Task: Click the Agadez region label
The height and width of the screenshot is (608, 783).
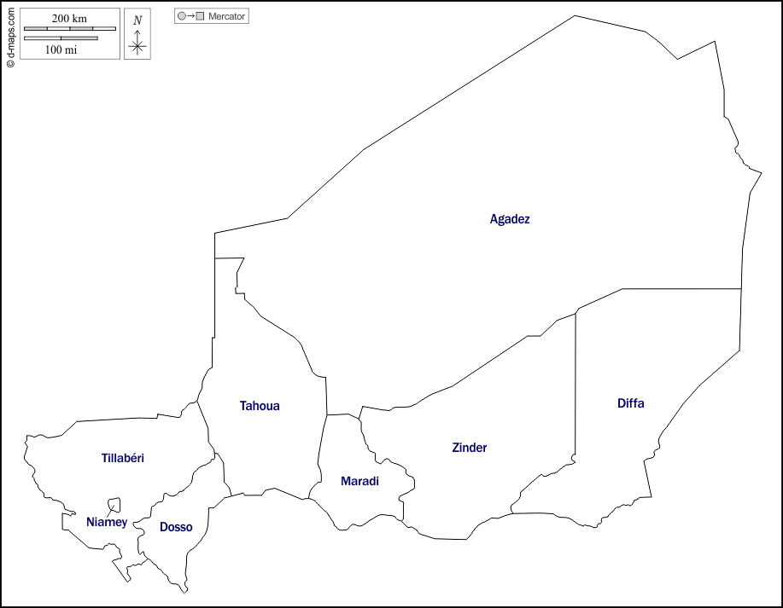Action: coord(510,219)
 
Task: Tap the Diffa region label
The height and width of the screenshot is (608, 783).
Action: coord(630,403)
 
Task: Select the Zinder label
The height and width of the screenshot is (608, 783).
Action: coord(470,448)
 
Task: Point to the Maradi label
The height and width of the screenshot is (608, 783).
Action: coord(359,482)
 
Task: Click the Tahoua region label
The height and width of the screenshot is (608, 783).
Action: coord(260,406)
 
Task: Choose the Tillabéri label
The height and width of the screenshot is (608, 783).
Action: coord(123,458)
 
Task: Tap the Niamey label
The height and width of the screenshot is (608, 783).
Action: coord(107,522)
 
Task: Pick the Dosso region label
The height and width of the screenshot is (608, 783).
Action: coord(176,527)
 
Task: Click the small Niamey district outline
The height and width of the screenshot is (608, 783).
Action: coord(114,505)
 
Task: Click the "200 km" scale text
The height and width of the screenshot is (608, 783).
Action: coord(69,19)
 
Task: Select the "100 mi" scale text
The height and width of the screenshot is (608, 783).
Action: coord(61,49)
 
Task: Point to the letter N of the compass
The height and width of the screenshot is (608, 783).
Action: coord(137,20)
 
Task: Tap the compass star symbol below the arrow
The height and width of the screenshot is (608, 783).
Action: coord(137,46)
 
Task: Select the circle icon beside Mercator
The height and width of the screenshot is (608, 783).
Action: coord(181,16)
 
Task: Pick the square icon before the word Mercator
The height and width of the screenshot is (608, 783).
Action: coord(201,16)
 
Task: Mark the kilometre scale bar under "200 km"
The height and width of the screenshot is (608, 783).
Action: coord(70,29)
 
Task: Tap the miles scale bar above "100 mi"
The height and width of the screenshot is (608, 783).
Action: coord(61,38)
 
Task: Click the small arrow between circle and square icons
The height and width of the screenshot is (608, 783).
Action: coord(190,16)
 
